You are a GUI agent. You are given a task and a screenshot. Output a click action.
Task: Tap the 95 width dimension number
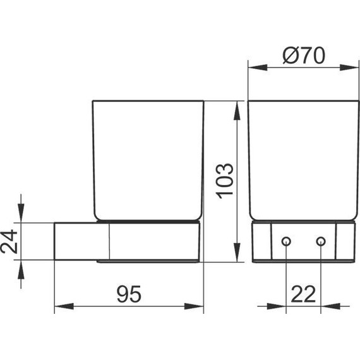(129, 294)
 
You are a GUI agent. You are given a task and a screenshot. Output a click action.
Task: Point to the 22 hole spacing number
(304, 294)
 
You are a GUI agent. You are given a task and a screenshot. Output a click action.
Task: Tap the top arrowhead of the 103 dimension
(237, 109)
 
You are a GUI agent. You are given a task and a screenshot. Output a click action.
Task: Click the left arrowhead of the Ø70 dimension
(254, 66)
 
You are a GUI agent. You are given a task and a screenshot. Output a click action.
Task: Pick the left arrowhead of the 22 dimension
(280, 307)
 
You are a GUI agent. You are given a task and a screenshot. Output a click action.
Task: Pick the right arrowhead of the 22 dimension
(327, 307)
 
